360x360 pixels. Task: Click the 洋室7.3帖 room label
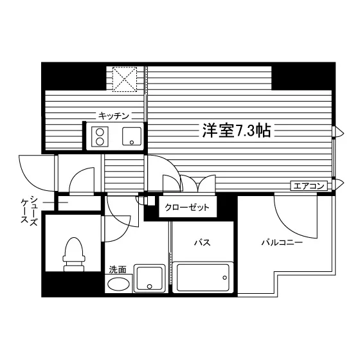[237, 130]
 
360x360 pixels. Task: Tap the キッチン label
[114, 116]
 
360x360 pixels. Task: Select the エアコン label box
[309, 186]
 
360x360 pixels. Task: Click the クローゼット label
[187, 208]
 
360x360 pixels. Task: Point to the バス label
[203, 242]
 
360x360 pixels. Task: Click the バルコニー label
[282, 242]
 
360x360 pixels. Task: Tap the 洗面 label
[118, 269]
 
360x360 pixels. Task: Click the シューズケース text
[30, 210]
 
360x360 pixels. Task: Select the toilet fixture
[74, 255]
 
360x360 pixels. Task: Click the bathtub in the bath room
[203, 278]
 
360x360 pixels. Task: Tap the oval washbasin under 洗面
[118, 283]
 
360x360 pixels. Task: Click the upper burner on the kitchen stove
[100, 132]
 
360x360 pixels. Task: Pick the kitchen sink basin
[132, 136]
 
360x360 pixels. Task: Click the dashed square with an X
[125, 80]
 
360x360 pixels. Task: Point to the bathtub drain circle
[224, 278]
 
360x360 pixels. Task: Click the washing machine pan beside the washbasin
[150, 278]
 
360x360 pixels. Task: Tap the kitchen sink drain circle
[132, 142]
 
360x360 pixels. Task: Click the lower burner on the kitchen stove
[100, 141]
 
